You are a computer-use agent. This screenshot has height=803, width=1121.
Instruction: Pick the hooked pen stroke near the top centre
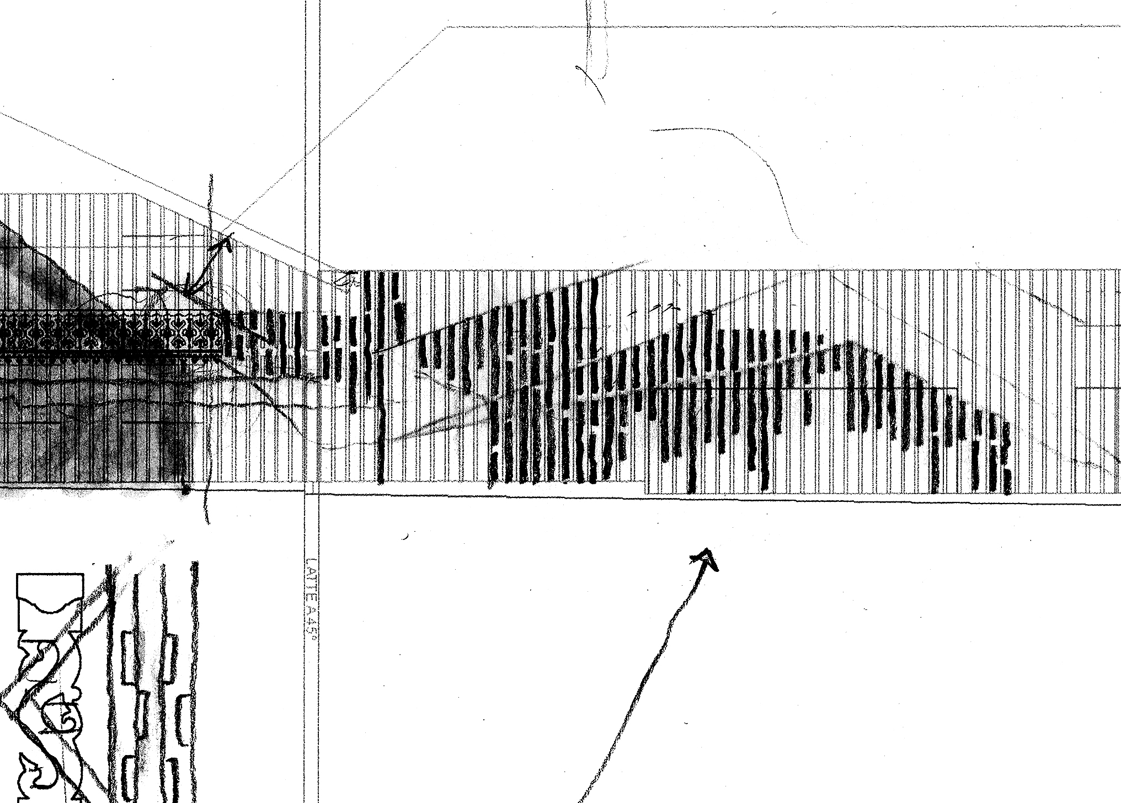coord(590,83)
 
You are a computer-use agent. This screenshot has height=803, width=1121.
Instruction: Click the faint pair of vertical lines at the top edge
coord(596,33)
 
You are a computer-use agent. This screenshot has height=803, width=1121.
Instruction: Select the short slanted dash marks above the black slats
coord(656,309)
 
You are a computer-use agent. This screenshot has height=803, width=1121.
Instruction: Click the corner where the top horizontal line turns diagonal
coord(447,27)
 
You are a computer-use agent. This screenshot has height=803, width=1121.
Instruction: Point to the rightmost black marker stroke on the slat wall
coord(1006,458)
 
